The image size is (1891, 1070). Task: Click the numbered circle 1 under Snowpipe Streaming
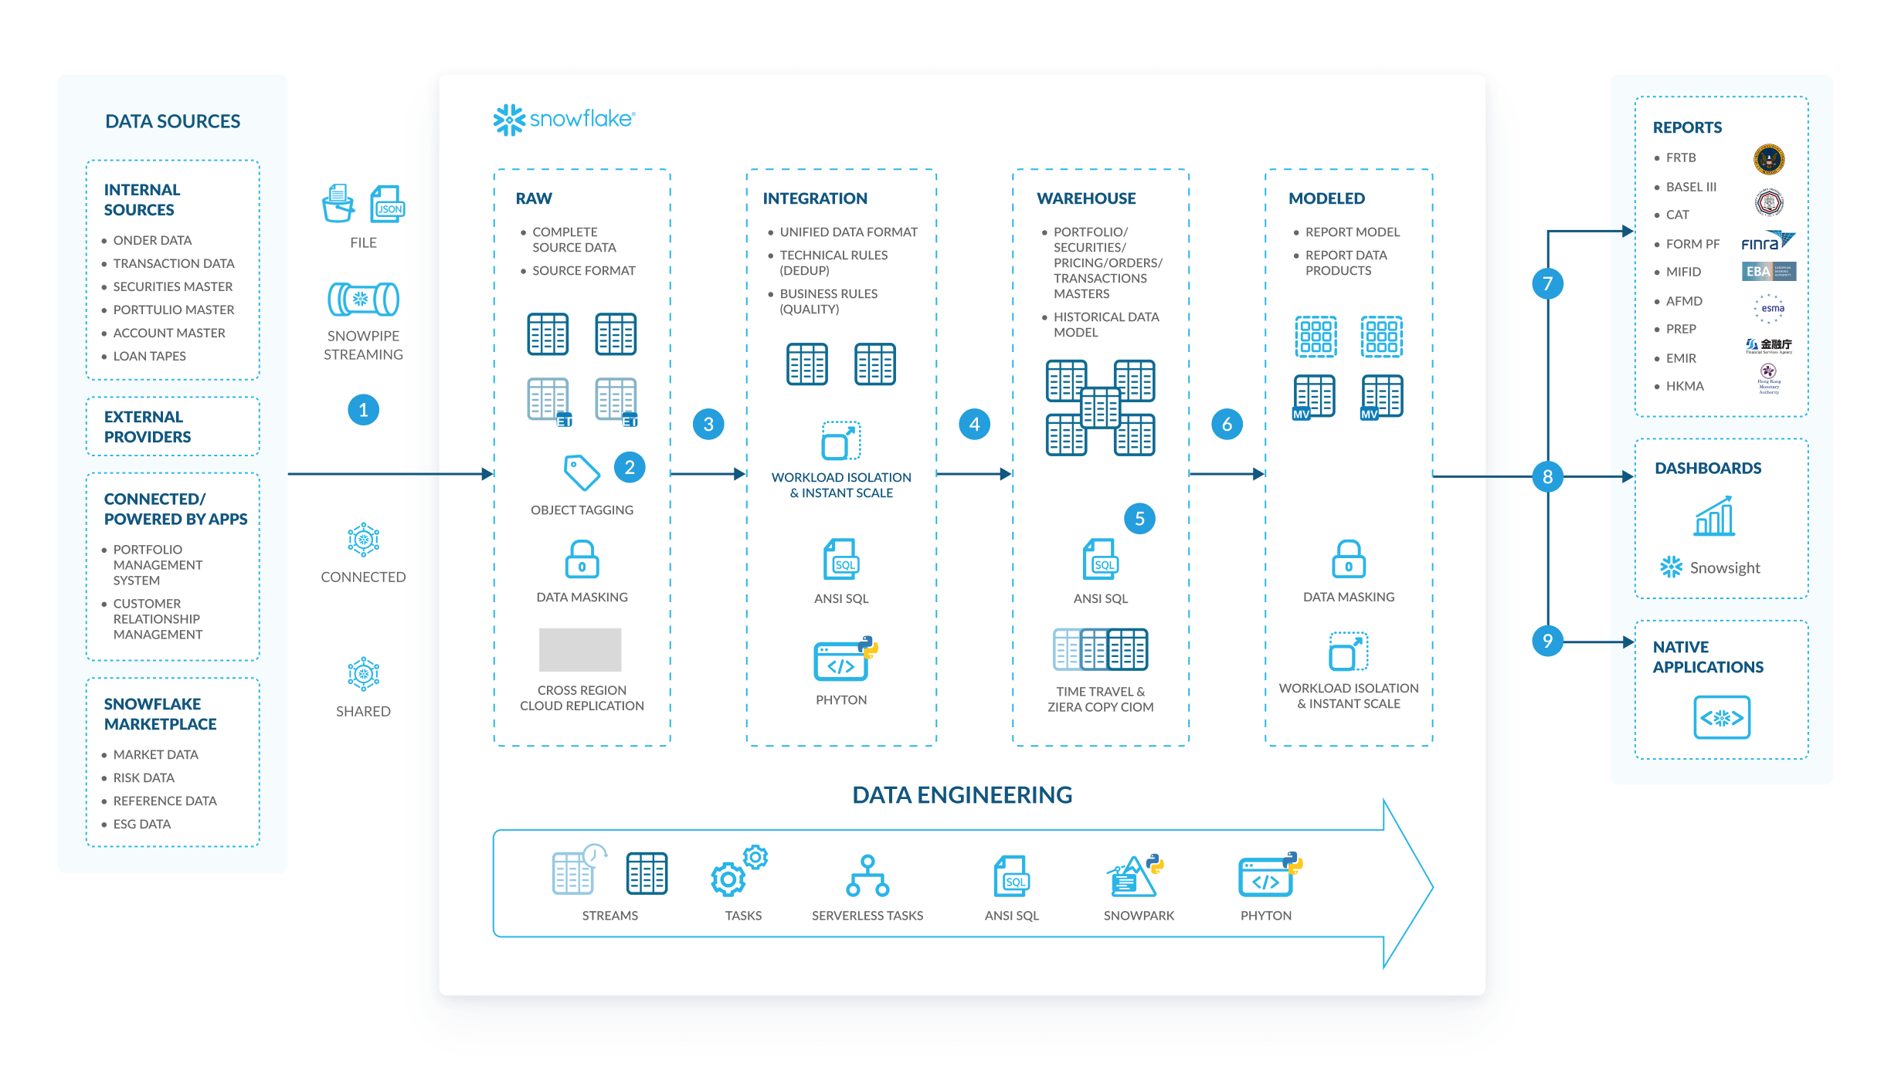tap(363, 410)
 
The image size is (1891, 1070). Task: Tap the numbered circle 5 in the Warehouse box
tap(1139, 519)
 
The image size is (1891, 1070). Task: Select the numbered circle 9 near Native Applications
tap(1547, 641)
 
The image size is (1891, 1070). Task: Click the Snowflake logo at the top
tap(564, 120)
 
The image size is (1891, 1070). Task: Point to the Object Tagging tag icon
tap(582, 472)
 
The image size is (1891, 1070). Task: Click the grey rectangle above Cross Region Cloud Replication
tap(580, 649)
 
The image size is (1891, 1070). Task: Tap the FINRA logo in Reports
tap(1767, 242)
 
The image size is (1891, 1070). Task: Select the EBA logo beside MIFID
tap(1768, 271)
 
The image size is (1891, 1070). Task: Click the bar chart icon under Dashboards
tap(1714, 516)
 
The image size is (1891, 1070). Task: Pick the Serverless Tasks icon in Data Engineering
tap(867, 876)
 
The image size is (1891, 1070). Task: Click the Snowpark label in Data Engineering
tap(1139, 916)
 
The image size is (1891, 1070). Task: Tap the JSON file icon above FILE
tap(388, 205)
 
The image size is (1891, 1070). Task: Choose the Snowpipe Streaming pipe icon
tap(363, 300)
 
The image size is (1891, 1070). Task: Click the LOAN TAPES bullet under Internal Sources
tap(149, 356)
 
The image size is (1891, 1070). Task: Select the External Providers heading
tap(147, 427)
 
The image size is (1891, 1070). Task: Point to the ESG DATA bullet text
tap(142, 824)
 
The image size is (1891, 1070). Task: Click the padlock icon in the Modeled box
tap(1348, 559)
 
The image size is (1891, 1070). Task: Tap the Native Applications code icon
tap(1721, 717)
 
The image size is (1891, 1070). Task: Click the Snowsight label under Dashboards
tap(1724, 568)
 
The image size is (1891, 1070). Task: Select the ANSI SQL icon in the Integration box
tap(841, 560)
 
